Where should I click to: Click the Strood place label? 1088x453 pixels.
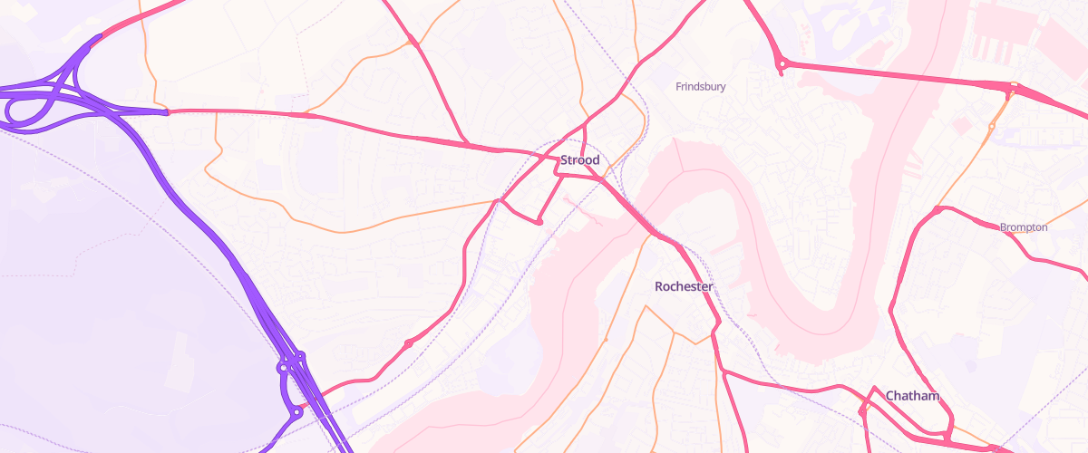[x=579, y=160]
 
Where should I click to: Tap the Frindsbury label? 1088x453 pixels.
[x=701, y=87]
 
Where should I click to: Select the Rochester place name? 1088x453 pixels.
[x=684, y=286]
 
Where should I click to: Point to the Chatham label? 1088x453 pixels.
[x=911, y=396]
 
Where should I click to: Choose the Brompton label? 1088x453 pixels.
[x=1024, y=227]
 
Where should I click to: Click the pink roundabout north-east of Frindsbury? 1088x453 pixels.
[x=782, y=63]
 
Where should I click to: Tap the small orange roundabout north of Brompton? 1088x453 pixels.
[x=992, y=126]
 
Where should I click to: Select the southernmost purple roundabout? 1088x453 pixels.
[x=296, y=412]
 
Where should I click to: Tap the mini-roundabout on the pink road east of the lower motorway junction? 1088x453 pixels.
[x=408, y=343]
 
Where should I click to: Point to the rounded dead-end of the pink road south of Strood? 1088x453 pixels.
[x=539, y=221]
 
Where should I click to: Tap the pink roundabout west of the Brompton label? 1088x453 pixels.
[x=935, y=210]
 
